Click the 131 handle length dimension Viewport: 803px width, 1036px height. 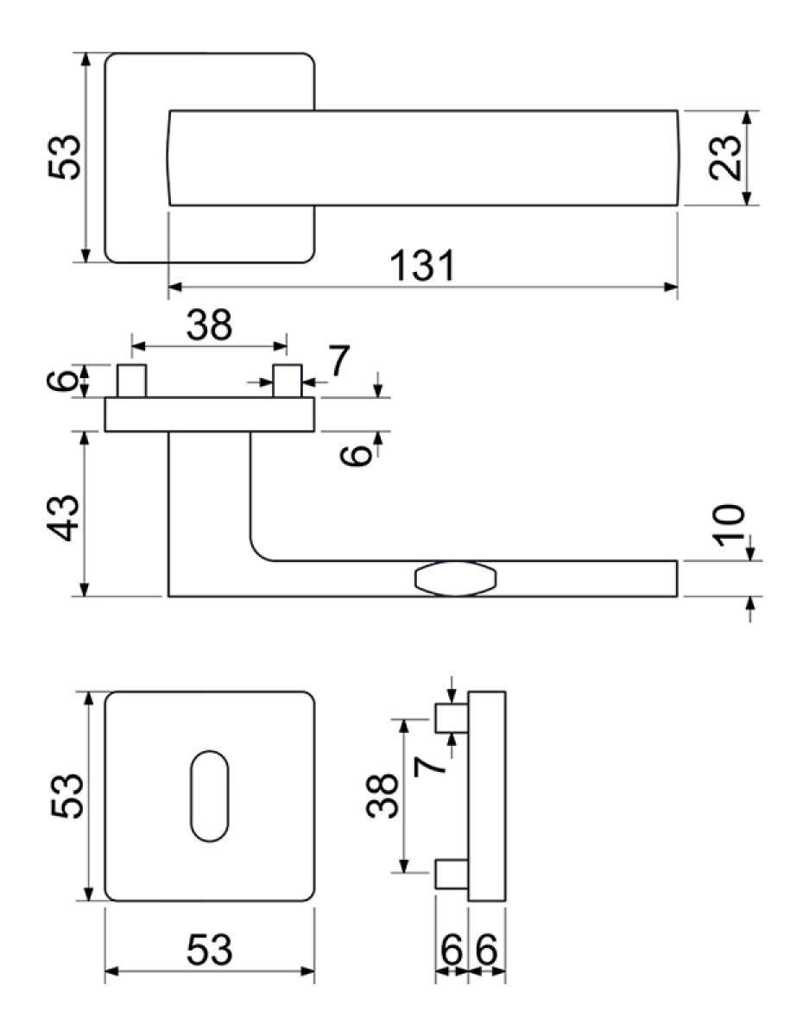[422, 266]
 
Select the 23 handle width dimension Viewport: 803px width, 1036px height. [724, 158]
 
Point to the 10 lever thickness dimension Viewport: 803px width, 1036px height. [728, 525]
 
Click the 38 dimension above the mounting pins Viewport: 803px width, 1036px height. [209, 325]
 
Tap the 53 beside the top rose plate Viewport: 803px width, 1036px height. [64, 157]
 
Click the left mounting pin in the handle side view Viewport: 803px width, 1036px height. [131, 381]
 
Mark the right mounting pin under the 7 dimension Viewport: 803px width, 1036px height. [287, 381]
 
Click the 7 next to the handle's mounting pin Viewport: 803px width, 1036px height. [339, 360]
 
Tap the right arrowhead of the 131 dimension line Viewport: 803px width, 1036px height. [671, 287]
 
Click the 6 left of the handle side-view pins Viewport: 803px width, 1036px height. [62, 381]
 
